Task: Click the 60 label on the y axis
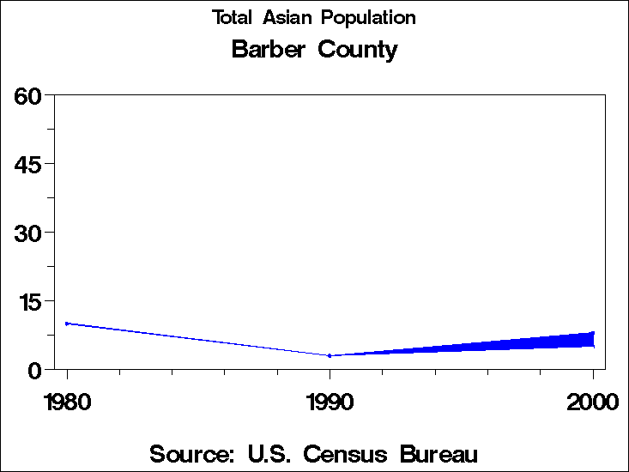pyautogui.click(x=28, y=95)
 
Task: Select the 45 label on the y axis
pyautogui.click(x=28, y=164)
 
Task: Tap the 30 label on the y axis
pyautogui.click(x=28, y=233)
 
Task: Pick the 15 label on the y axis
pyautogui.click(x=28, y=301)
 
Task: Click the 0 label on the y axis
pyautogui.click(x=35, y=370)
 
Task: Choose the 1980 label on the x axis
pyautogui.click(x=67, y=402)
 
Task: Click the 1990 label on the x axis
pyautogui.click(x=330, y=402)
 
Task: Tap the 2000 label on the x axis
pyautogui.click(x=592, y=402)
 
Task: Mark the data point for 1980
pyautogui.click(x=67, y=324)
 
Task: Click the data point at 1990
pyautogui.click(x=330, y=355)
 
